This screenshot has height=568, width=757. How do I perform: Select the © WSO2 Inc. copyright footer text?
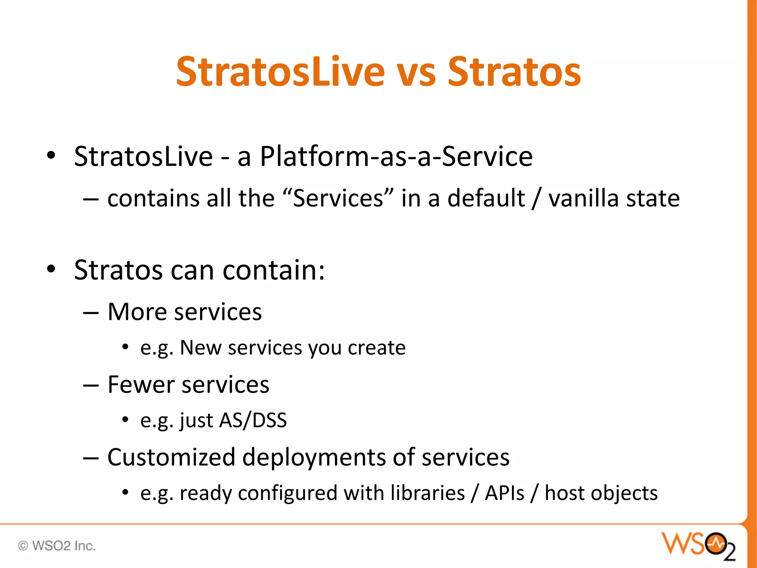(57, 546)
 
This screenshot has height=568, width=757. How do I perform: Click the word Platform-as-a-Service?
(396, 156)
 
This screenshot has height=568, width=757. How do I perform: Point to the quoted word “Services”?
(338, 198)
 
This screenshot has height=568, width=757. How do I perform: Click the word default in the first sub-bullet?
(486, 198)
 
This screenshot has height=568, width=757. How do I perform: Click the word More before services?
(137, 312)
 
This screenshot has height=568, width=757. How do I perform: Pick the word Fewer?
(141, 385)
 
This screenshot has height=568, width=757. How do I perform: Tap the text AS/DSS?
(253, 420)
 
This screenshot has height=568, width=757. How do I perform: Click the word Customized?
(171, 457)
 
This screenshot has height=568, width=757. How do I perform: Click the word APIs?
(504, 493)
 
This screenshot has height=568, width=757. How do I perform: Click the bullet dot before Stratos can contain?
(51, 269)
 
